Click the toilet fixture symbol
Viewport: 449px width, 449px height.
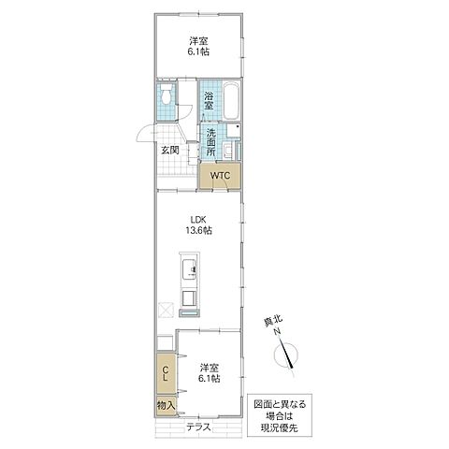167,96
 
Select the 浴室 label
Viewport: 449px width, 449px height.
209,101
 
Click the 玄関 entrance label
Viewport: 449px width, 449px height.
168,150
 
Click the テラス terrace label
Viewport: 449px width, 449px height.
197,427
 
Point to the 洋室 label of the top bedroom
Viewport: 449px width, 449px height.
196,40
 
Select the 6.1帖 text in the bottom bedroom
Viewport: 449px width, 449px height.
210,380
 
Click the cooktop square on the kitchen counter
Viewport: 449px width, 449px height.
188,298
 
